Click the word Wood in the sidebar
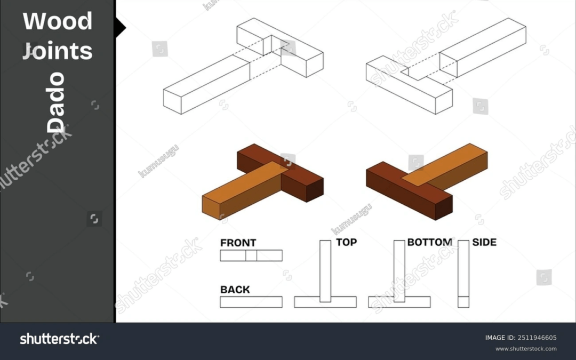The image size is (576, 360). (58, 21)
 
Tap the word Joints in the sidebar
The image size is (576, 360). (58, 52)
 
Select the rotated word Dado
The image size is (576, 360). (56, 103)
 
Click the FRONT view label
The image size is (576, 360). (238, 243)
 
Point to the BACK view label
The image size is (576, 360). (235, 290)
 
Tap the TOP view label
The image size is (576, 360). (347, 242)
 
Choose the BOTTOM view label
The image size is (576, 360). (429, 242)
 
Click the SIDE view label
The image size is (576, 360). (484, 242)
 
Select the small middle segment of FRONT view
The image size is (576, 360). (251, 255)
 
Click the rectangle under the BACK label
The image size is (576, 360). (251, 302)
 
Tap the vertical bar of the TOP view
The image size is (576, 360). (325, 269)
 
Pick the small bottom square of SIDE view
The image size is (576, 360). (463, 302)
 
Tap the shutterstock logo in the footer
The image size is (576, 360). (59, 339)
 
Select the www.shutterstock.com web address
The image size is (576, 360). (526, 349)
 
